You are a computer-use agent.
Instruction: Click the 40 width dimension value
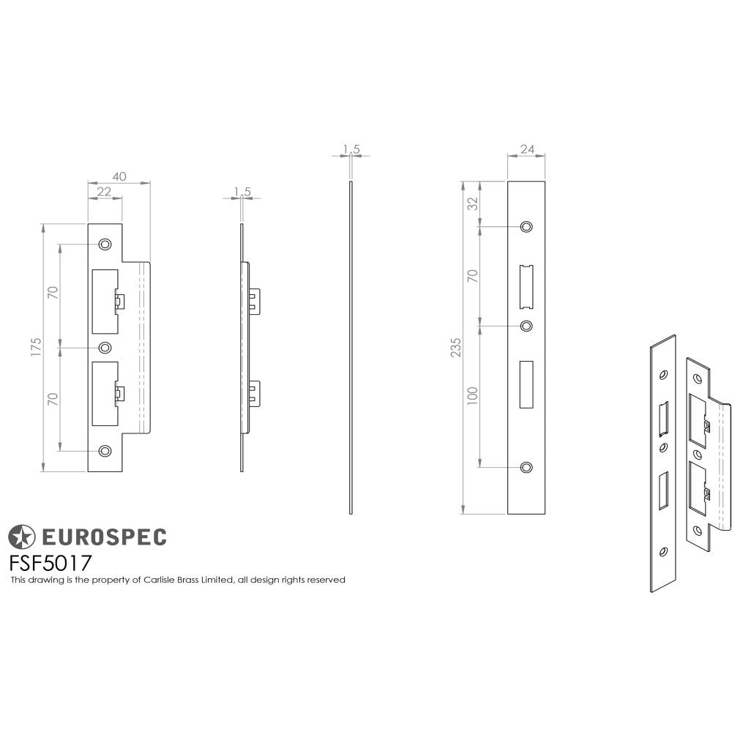point(119,176)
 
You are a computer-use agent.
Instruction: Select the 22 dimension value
point(104,192)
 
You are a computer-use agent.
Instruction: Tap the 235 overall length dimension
point(457,348)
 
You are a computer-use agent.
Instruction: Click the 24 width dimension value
point(526,149)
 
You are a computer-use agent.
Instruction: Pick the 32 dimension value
point(473,203)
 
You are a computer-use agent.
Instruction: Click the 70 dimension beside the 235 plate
point(473,276)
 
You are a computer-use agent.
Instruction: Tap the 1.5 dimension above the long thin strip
point(351,149)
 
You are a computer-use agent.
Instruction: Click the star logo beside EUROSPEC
point(21,537)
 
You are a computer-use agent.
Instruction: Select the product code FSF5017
point(50,564)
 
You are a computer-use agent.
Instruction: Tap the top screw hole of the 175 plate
point(105,244)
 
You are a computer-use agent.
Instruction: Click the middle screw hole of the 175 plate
point(105,347)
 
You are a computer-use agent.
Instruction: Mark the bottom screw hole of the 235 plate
point(526,467)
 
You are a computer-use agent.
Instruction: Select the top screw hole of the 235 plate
point(526,227)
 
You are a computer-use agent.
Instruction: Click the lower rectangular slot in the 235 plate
point(526,384)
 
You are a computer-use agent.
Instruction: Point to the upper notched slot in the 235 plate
point(526,286)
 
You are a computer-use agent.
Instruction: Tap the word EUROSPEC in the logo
point(102,537)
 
